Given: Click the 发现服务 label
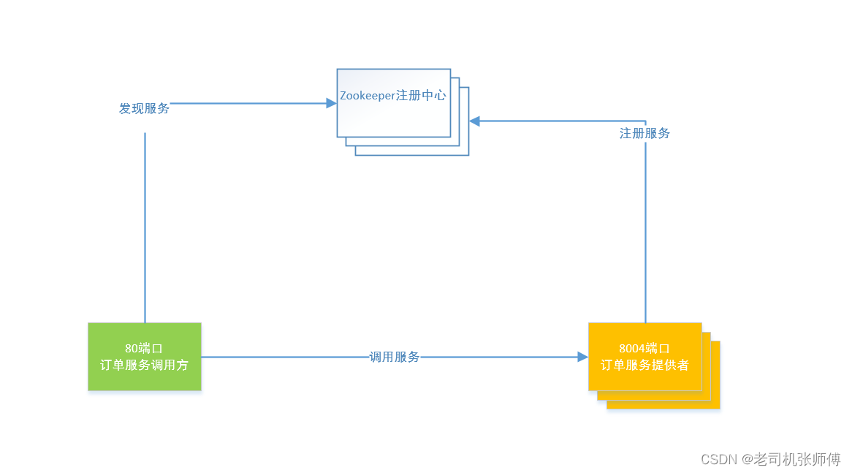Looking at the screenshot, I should point(144,109).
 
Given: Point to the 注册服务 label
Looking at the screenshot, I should point(644,134).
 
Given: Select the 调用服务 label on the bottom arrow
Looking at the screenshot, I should point(394,357).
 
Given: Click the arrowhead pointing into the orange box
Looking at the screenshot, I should point(582,357).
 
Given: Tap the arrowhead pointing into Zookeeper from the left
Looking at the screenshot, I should point(331,104).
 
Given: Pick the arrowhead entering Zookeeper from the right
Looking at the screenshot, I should point(475,121).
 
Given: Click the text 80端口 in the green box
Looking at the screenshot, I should point(144,349).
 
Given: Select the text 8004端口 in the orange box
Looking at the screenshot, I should point(644,349).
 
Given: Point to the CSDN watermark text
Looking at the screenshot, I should point(718,459).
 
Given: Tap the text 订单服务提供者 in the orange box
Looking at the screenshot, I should point(644,365).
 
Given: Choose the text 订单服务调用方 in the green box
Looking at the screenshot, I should point(144,365).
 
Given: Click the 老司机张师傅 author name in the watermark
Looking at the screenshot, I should point(798,459).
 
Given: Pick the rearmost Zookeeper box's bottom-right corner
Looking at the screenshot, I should point(468,154).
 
